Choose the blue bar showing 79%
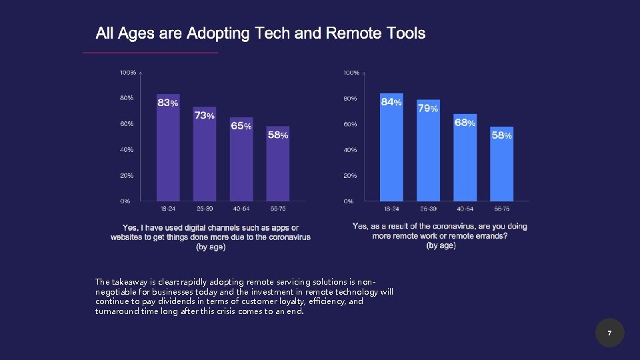(x=428, y=157)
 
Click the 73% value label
(x=205, y=115)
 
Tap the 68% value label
(x=465, y=123)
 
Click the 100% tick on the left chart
(x=127, y=72)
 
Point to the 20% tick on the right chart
(x=350, y=176)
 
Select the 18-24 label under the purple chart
(x=167, y=208)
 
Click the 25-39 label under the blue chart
(x=428, y=208)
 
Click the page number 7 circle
(x=609, y=333)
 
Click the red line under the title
(x=150, y=52)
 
